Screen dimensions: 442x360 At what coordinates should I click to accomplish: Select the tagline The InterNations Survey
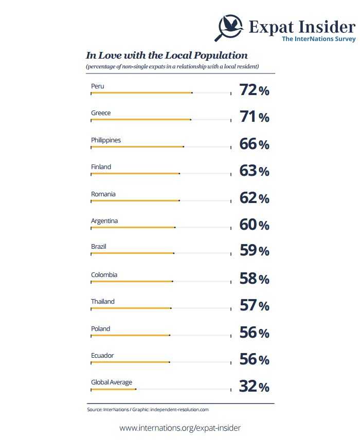point(318,39)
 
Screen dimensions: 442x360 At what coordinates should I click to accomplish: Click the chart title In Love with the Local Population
point(167,55)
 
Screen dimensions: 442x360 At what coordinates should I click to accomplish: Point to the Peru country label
point(97,86)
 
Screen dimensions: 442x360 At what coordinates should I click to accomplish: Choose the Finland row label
point(101,167)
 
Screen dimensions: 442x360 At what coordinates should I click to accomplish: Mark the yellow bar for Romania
point(135,200)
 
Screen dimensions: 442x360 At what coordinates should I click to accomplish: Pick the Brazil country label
point(99,247)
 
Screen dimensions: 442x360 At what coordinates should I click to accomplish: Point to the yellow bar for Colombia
point(132,282)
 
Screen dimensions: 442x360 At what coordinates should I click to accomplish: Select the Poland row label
point(100,328)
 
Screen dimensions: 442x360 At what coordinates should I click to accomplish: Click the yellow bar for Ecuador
point(130,362)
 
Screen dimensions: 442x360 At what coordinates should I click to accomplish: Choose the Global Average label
point(112,382)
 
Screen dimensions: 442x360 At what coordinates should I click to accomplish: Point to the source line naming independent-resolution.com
point(148,410)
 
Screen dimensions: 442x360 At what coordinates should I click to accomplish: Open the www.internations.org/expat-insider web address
point(180,428)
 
